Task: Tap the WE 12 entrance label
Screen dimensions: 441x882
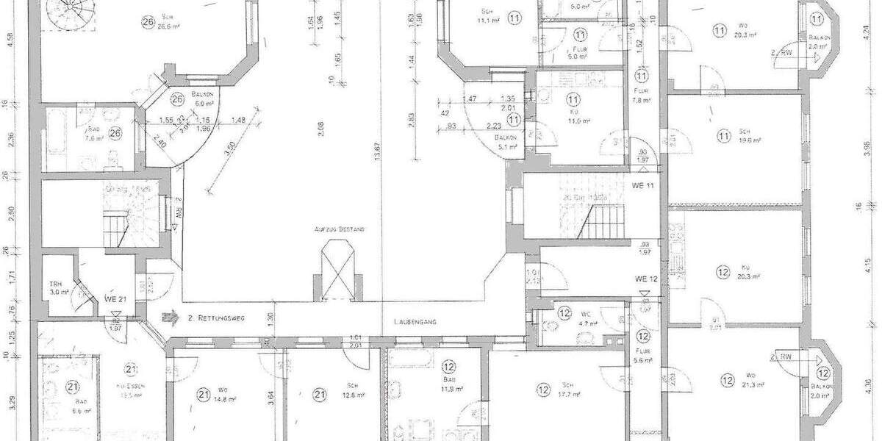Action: pos(645,279)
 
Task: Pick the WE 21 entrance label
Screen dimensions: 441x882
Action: pos(112,299)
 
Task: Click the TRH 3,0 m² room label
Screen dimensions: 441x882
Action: pos(56,287)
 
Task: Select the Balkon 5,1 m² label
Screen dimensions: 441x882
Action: pos(507,142)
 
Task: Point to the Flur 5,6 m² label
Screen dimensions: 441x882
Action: pos(642,350)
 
